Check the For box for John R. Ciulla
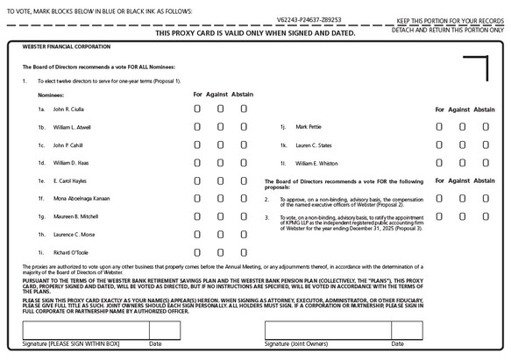[197, 109]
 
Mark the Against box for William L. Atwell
[220, 126]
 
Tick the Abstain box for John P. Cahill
[244, 145]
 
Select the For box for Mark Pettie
[440, 126]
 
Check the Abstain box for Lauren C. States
[486, 145]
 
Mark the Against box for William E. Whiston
[463, 163]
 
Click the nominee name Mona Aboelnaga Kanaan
[82, 199]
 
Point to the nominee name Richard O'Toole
[71, 253]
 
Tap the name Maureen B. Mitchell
[75, 216]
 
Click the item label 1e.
[40, 181]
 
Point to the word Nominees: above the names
[51, 94]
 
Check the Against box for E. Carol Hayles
[220, 180]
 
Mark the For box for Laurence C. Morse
[197, 235]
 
